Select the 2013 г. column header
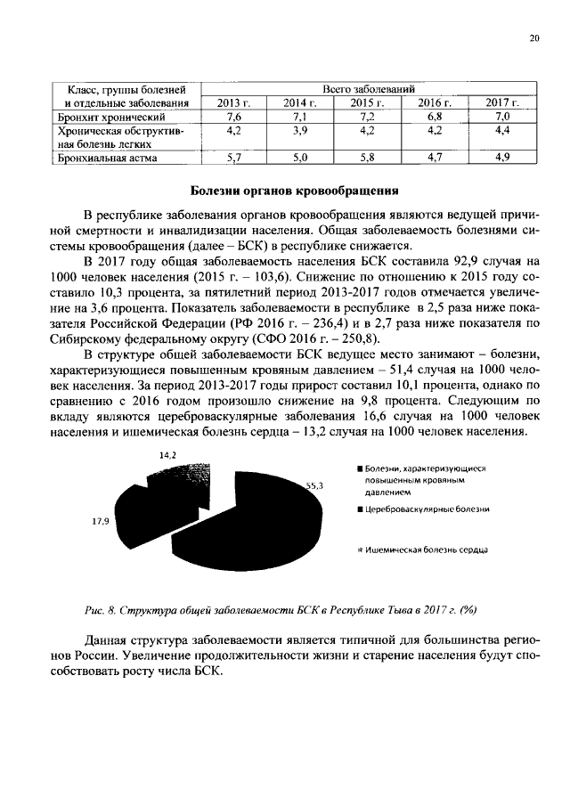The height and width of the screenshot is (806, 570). coord(235,103)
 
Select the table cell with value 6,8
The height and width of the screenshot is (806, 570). coord(436,117)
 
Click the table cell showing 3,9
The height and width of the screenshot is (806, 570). coord(300,130)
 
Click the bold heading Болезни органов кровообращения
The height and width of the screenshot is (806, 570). coord(295,191)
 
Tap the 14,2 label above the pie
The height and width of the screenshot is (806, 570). coord(167,454)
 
